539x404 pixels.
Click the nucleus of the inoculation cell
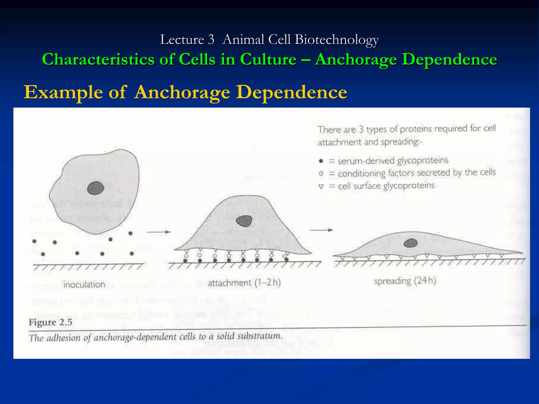tap(96, 188)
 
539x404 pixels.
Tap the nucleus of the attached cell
tap(244, 221)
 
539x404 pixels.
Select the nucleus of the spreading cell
tap(410, 243)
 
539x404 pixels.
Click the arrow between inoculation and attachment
tap(159, 232)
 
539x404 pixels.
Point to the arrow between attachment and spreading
tap(321, 230)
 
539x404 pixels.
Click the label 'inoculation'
tap(84, 284)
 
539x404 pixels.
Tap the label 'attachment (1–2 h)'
tap(244, 283)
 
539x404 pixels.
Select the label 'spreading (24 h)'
tap(405, 281)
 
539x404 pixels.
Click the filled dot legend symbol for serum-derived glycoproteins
tap(321, 161)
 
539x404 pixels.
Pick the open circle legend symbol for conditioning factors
tap(321, 174)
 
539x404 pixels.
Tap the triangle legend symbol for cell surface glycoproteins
tap(321, 187)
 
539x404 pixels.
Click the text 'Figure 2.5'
tap(51, 322)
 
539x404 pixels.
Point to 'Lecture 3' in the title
tap(187, 40)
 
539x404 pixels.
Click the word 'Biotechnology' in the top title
tap(337, 40)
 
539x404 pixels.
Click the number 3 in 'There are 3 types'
tap(361, 129)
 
